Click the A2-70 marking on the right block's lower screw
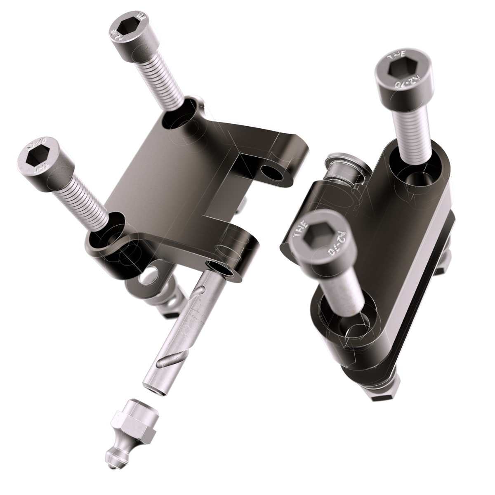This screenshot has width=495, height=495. [338, 240]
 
